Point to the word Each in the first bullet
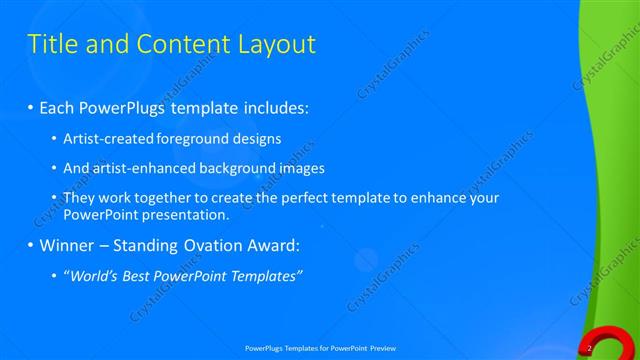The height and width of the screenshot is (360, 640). (58, 106)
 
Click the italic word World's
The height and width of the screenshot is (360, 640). (91, 276)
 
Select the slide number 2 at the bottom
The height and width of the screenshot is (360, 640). (590, 347)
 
